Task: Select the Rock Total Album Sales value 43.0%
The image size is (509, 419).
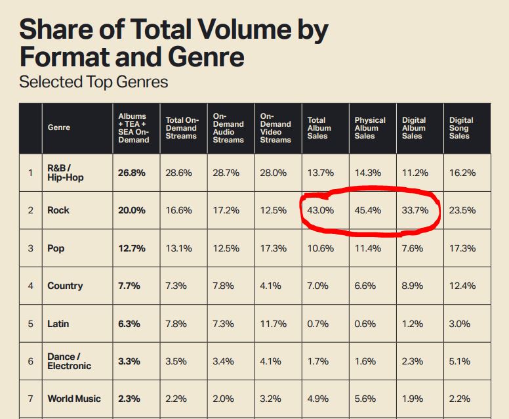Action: coord(321,210)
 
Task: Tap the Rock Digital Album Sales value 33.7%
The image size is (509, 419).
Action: coord(415,210)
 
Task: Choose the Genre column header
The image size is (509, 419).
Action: coord(59,127)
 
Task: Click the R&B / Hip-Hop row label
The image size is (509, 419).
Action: coord(66,173)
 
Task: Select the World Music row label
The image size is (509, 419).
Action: coord(74,399)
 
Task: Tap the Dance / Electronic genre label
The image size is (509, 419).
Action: coord(69,361)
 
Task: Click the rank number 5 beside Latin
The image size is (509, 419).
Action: coord(30,324)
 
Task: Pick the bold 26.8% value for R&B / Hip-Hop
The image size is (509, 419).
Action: coord(132,173)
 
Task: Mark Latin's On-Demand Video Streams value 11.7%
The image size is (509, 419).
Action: coord(274,324)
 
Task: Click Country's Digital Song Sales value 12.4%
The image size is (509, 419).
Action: coord(462,286)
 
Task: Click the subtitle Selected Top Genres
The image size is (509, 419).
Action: coord(94,83)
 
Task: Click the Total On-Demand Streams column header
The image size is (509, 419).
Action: coord(182,128)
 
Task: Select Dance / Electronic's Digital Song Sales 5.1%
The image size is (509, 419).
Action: coord(460,361)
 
